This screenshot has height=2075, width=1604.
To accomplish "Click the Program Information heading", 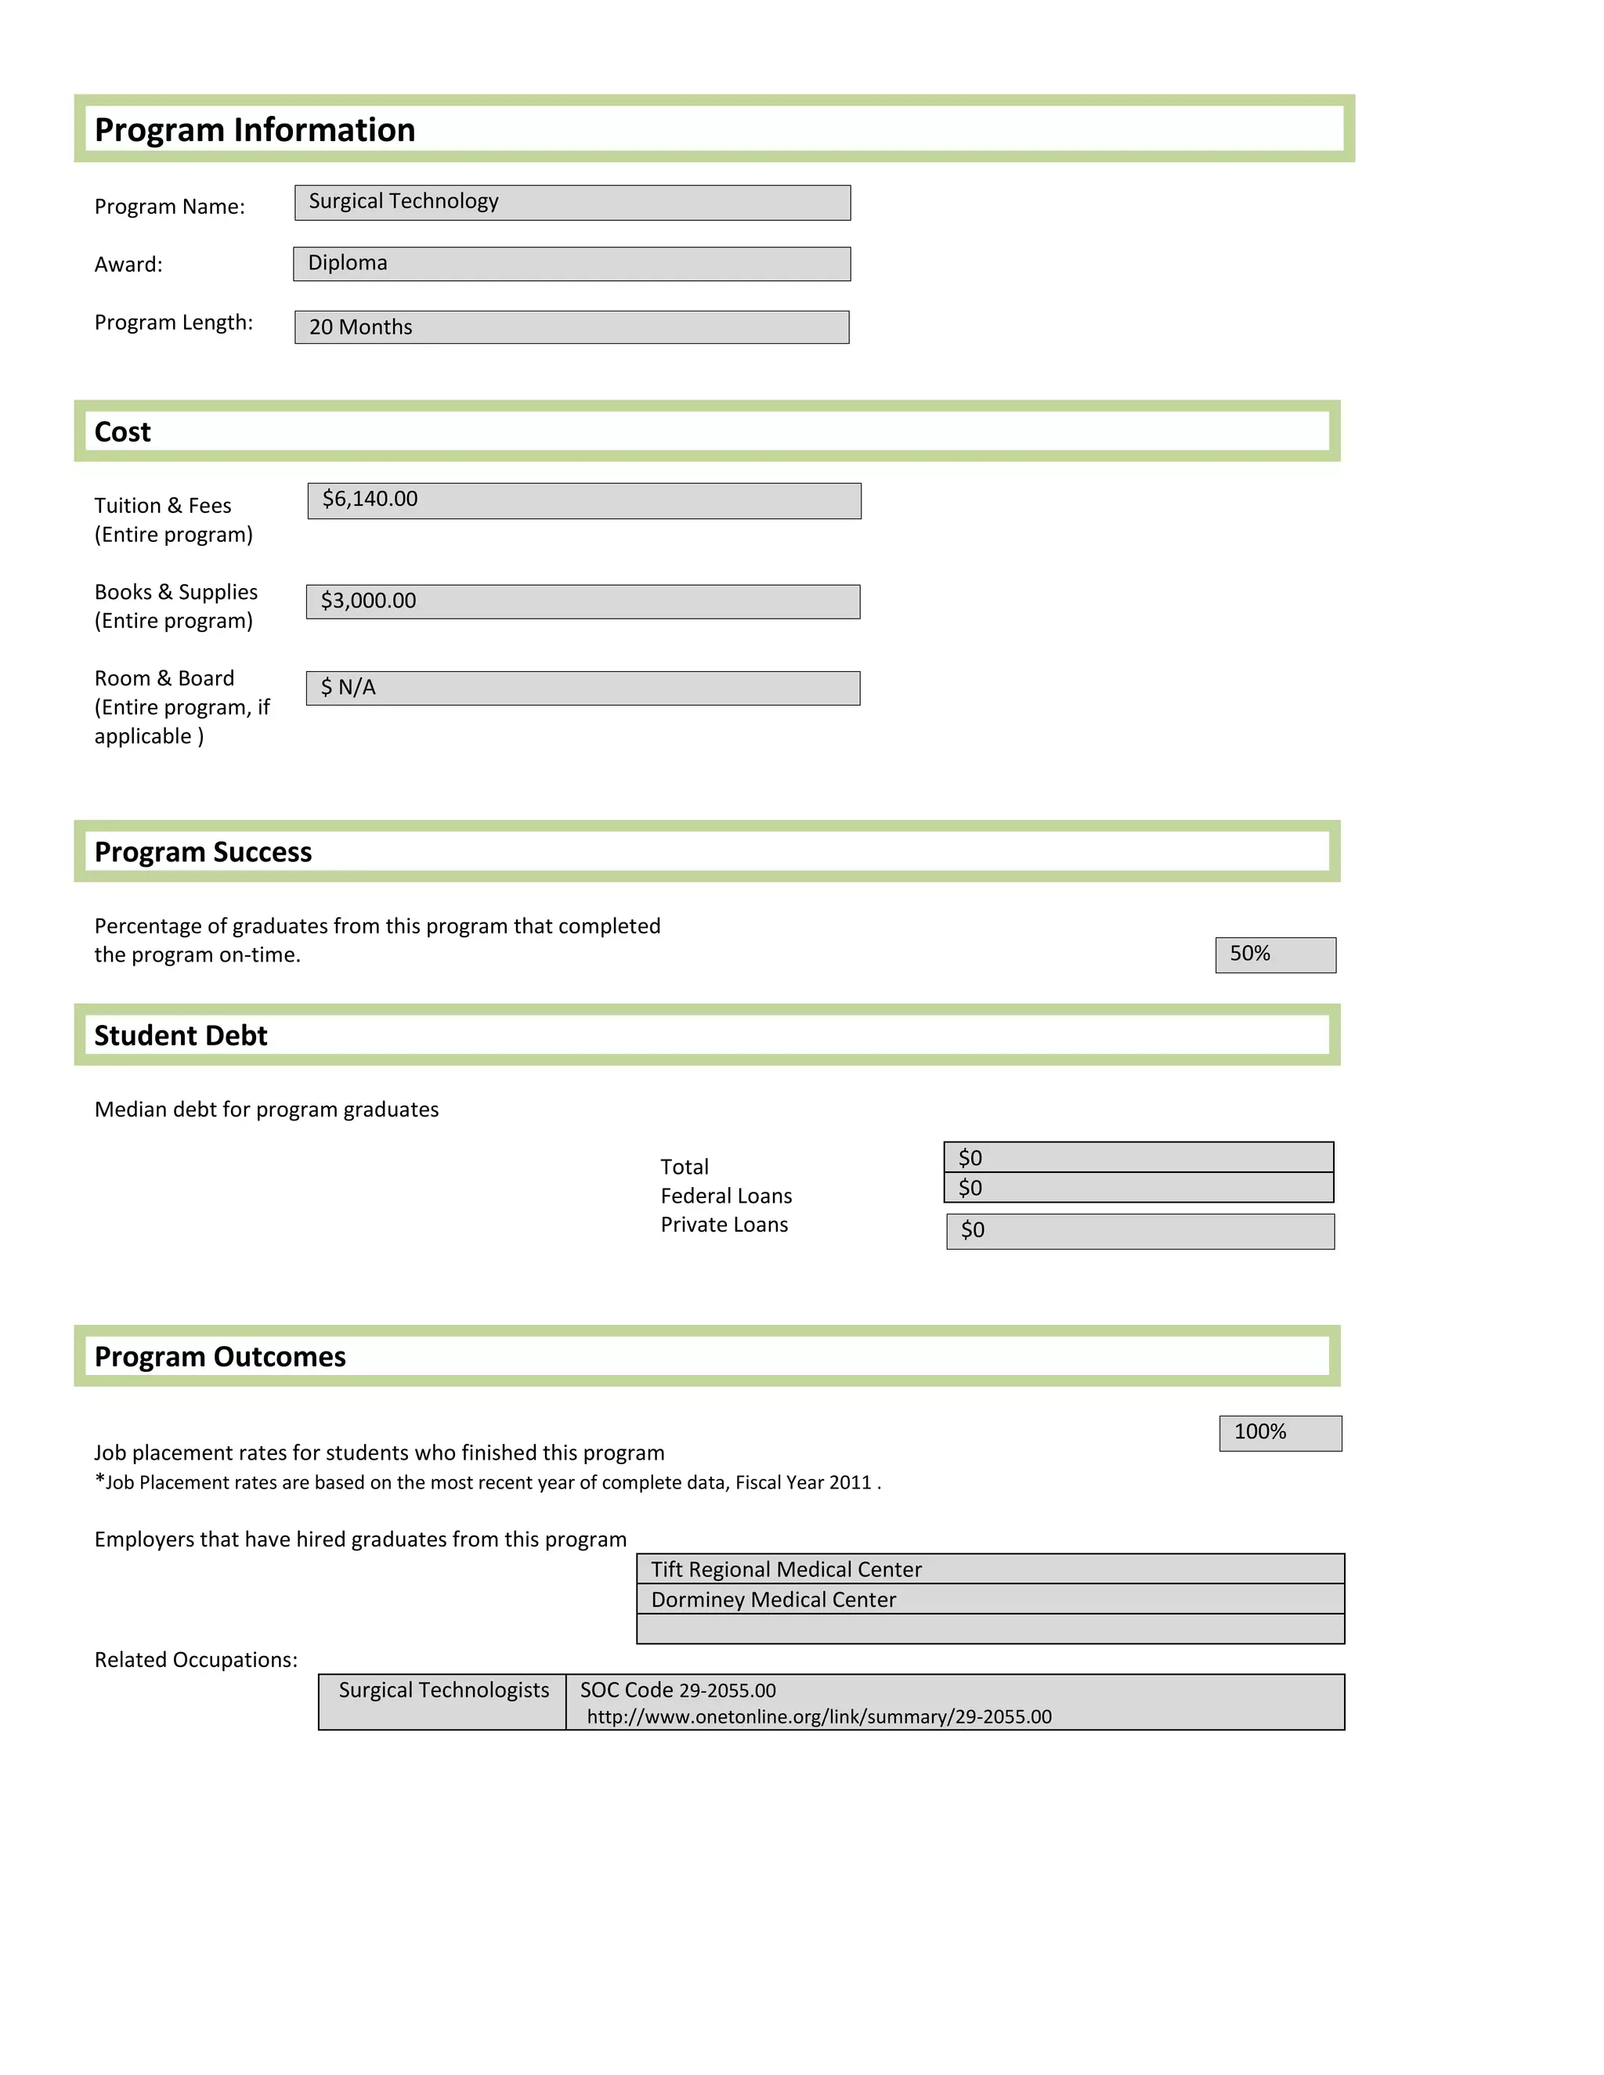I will tap(255, 129).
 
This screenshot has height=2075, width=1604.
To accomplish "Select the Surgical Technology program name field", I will tap(572, 202).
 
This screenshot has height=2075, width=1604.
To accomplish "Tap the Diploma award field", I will tap(571, 263).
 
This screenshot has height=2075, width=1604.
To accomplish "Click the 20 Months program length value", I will tap(361, 327).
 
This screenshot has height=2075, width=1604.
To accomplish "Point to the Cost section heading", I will tap(123, 432).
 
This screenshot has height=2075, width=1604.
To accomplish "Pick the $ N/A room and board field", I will tap(583, 687).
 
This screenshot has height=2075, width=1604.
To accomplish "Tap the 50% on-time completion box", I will tap(1274, 954).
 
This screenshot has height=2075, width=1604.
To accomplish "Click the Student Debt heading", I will tap(181, 1036).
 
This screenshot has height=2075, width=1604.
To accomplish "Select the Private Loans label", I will tap(724, 1225).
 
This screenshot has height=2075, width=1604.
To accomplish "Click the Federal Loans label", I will tap(726, 1195).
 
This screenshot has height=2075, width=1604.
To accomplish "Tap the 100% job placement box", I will tap(1279, 1432).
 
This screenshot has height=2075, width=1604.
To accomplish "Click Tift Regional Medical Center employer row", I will tap(989, 1568).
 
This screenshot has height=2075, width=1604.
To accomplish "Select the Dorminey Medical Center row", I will tap(989, 1599).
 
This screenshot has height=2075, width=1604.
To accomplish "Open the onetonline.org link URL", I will tap(818, 1716).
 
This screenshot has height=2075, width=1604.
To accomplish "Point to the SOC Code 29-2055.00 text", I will tap(677, 1689).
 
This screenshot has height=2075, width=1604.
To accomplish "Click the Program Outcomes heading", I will tap(219, 1357).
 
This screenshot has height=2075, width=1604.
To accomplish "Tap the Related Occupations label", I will tap(196, 1659).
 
